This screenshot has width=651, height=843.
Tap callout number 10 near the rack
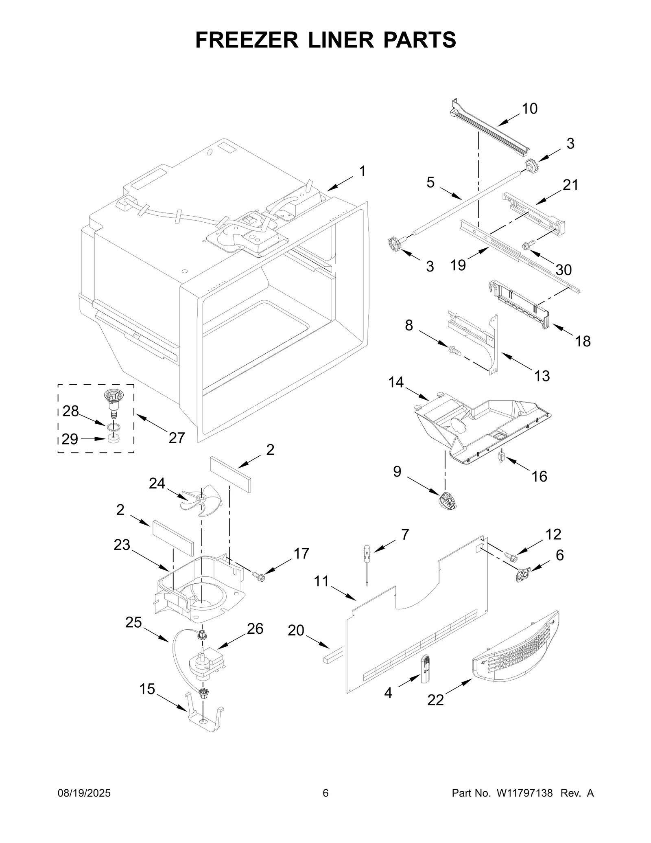tap(529, 108)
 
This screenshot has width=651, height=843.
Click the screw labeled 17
tap(258, 576)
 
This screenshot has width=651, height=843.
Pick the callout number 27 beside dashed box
tap(177, 438)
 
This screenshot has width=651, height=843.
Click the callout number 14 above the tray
tap(395, 382)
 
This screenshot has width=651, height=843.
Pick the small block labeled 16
tap(501, 455)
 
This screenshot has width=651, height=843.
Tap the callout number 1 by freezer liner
tap(362, 171)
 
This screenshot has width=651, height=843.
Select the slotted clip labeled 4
tap(425, 668)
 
